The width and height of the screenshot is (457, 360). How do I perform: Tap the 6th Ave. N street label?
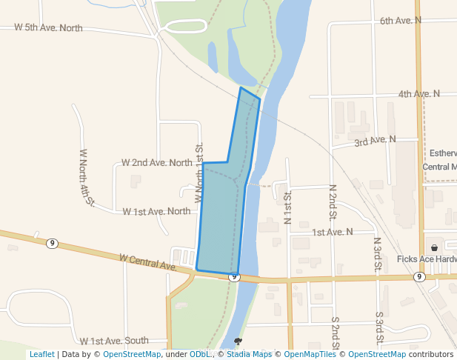pyautogui.click(x=400, y=20)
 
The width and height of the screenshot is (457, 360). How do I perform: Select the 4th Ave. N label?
pyautogui.click(x=418, y=94)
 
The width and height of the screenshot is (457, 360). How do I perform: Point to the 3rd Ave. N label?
pyautogui.click(x=375, y=140)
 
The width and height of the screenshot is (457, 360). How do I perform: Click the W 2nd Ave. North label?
pyautogui.click(x=157, y=162)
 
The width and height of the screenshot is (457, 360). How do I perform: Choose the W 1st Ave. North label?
pyautogui.click(x=156, y=211)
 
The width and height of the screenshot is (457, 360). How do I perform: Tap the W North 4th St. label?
pyautogui.click(x=87, y=177)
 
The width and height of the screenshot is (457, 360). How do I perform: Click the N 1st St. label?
pyautogui.click(x=287, y=207)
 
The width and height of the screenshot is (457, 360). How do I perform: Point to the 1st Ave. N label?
pyautogui.click(x=332, y=232)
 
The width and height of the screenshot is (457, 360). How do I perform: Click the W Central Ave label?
pyautogui.click(x=147, y=261)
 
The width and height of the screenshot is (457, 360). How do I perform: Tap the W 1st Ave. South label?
pyautogui.click(x=114, y=341)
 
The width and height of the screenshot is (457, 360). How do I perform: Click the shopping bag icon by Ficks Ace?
pyautogui.click(x=434, y=247)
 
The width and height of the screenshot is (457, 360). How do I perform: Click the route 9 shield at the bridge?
pyautogui.click(x=234, y=277)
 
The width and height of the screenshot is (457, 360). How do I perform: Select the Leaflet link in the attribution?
pyautogui.click(x=41, y=354)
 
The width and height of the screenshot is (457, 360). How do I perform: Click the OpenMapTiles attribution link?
pyautogui.click(x=311, y=354)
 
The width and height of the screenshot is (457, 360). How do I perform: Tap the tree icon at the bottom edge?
pyautogui.click(x=238, y=342)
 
